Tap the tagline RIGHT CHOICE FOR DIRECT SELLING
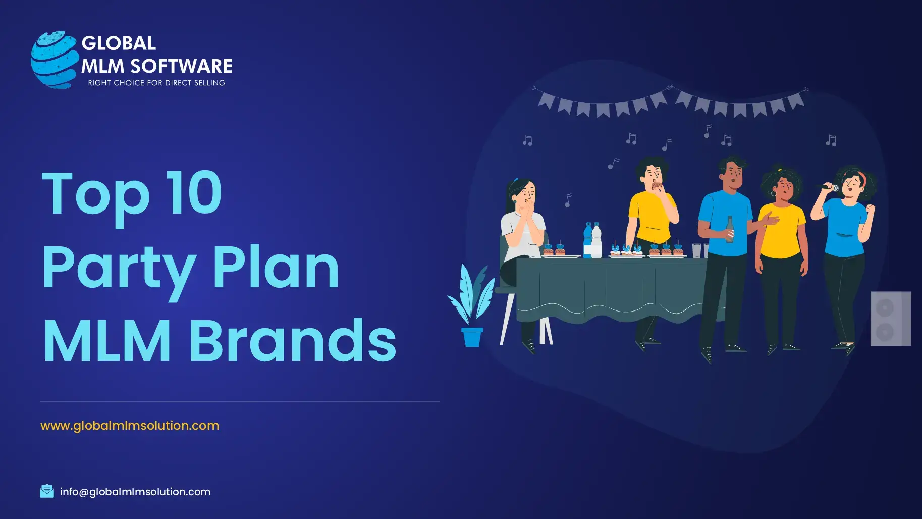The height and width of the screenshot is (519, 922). [x=156, y=83]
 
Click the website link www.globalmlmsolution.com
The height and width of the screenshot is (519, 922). [x=130, y=426]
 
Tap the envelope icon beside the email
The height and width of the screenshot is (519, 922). [x=47, y=491]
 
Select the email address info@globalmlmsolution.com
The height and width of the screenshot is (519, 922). [x=135, y=492]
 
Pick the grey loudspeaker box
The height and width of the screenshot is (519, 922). [x=891, y=319]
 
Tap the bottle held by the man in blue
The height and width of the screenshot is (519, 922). [x=730, y=230]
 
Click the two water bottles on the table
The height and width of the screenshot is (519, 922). [x=592, y=240]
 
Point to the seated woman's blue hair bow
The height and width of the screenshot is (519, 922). [x=516, y=180]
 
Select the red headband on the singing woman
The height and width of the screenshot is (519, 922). [x=861, y=178]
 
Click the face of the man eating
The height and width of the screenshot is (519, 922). [x=654, y=175]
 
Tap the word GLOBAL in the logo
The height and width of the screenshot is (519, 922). [x=119, y=43]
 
